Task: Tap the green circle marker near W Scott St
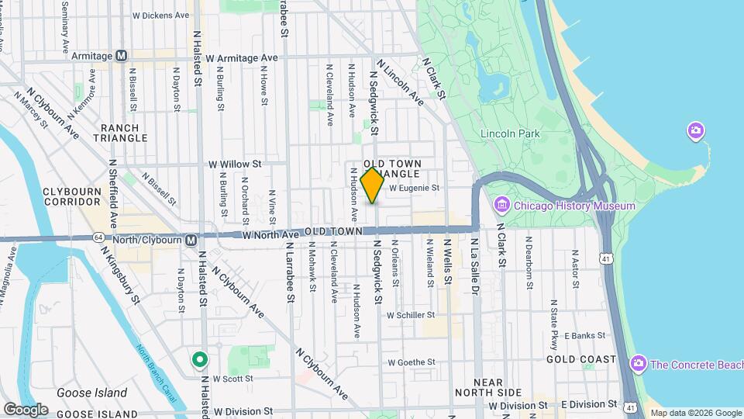coord(199,359)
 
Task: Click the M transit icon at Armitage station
coord(121,56)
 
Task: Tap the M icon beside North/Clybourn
coord(191,240)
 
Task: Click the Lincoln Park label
coord(509,133)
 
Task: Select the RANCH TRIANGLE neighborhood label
coord(120,133)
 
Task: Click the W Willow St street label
coord(235,164)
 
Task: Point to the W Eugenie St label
coord(414,188)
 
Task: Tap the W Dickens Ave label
coord(161,15)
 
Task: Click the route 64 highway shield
coord(98,237)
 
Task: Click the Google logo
coord(26,409)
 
